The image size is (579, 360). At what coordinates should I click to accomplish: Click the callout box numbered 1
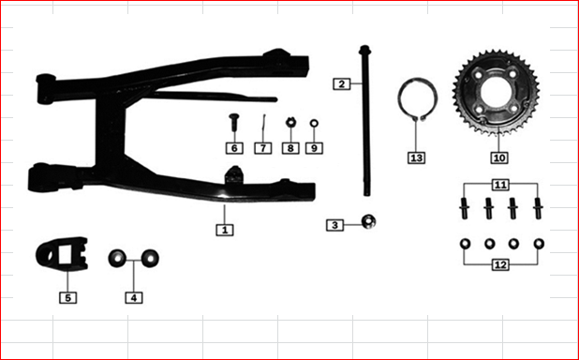(225, 228)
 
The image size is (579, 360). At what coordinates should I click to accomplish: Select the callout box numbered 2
(341, 83)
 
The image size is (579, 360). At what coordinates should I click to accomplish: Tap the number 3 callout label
(335, 225)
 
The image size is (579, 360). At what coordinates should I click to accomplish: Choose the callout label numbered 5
(67, 297)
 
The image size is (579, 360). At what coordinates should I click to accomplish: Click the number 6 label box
(233, 148)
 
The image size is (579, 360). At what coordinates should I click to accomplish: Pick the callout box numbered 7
(263, 148)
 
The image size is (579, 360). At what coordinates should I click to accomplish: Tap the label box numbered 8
(290, 148)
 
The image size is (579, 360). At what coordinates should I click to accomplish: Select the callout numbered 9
(314, 148)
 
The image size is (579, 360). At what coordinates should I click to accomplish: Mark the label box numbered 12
(501, 265)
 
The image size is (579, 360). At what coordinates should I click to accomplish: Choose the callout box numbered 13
(417, 157)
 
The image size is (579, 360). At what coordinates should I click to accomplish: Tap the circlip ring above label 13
(415, 103)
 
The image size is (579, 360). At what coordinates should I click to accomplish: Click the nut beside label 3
(371, 222)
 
